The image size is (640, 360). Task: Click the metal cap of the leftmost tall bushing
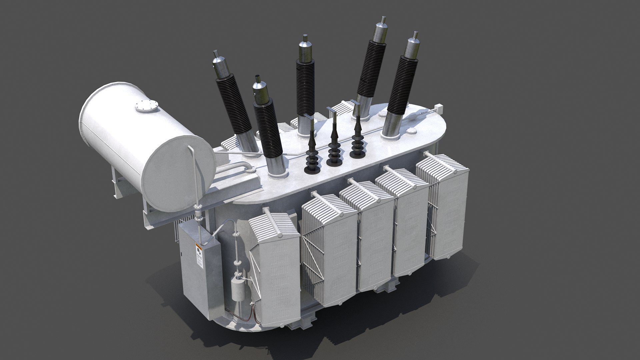[x=219, y=68]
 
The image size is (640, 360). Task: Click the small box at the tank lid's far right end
[x=439, y=109]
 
